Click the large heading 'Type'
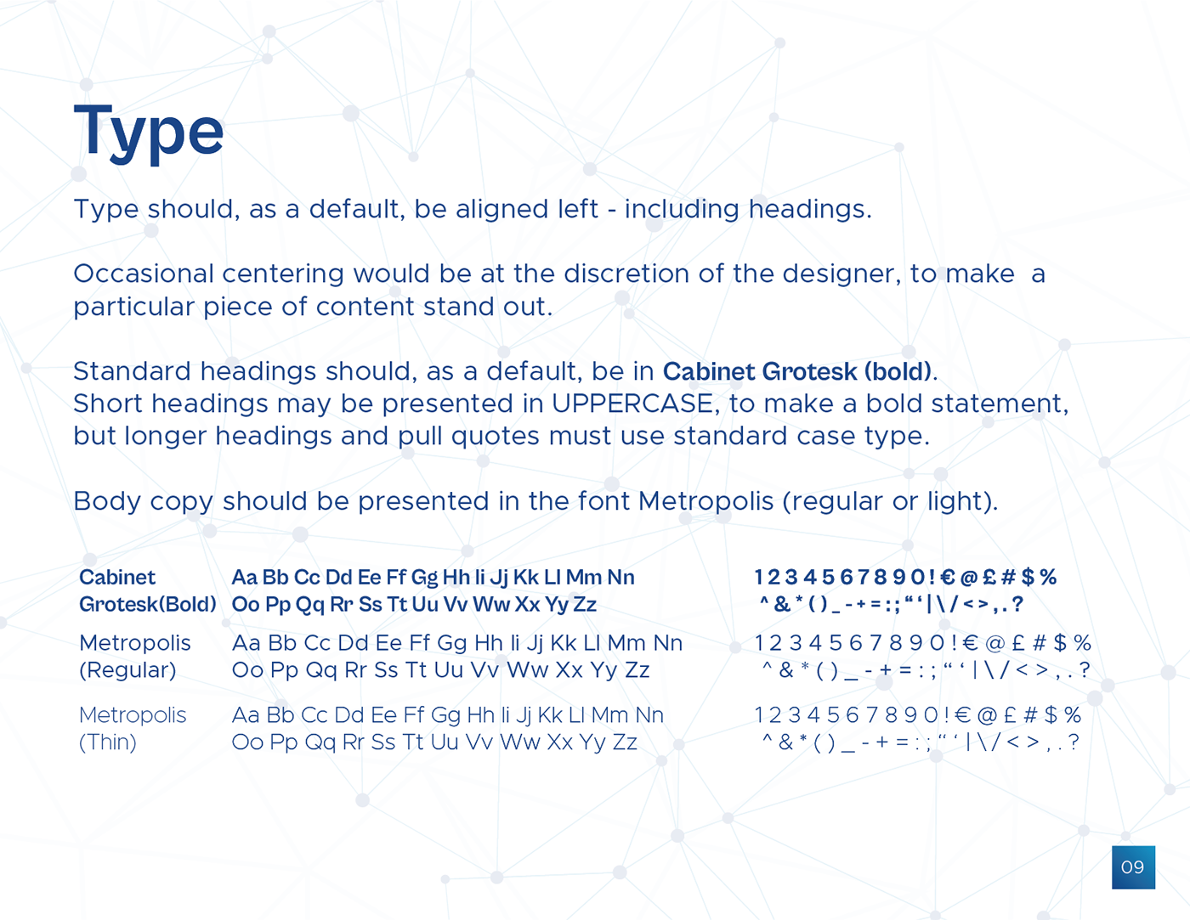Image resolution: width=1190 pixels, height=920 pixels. coord(149,133)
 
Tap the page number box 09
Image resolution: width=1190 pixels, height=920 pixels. coord(1133,867)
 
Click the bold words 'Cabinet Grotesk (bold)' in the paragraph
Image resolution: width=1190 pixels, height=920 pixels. coord(796,371)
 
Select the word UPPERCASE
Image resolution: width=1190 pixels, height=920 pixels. coord(632,404)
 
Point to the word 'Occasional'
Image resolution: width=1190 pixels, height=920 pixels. coord(144,274)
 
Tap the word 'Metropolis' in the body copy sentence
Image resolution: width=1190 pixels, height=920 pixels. coord(705,502)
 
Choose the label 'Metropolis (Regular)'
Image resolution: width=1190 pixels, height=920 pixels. coord(134,656)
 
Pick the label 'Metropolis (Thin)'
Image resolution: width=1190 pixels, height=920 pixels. coord(133,729)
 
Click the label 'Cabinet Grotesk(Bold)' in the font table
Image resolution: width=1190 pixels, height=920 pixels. coord(148,591)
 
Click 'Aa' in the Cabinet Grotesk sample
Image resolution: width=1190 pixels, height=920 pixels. coord(244,578)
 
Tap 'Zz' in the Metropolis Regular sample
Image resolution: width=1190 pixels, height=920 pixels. coord(637,670)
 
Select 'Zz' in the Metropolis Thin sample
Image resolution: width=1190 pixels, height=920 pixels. coord(625,742)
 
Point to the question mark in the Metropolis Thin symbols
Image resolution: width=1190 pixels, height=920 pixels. coord(1074,742)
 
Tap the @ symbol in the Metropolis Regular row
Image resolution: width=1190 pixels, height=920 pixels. coord(994,643)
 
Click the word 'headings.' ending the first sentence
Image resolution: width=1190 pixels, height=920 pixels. coord(810,210)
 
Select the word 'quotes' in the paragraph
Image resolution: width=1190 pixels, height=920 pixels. coord(495,437)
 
